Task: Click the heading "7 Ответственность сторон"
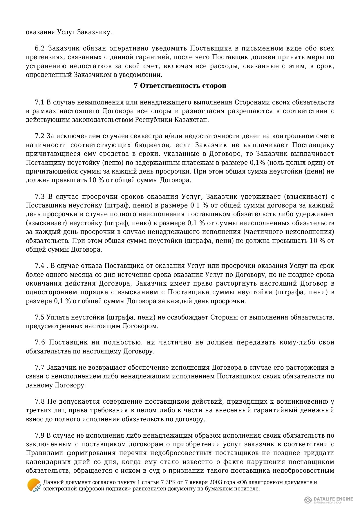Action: (180, 86)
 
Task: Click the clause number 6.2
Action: (39, 48)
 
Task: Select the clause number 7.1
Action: (39, 102)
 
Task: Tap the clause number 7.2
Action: (39, 136)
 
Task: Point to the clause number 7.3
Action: (40, 196)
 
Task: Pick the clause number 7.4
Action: (39, 266)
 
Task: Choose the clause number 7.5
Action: (39, 317)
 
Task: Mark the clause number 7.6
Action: (40, 342)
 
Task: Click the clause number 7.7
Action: (39, 367)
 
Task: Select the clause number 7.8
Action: (40, 402)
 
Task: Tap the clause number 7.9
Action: (39, 435)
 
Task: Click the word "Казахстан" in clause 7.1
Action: (195, 120)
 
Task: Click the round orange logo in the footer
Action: (34, 485)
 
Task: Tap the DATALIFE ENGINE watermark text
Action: (333, 499)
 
